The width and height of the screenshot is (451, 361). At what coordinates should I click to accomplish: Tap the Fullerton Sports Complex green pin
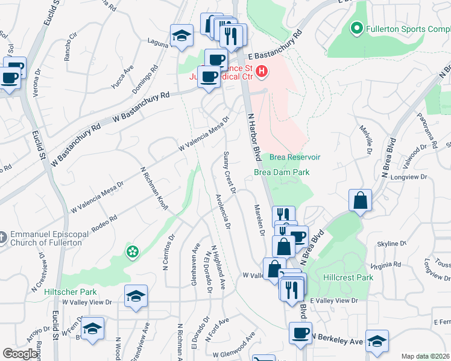pos(356,28)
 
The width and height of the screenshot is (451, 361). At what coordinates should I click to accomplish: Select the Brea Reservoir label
pos(294,157)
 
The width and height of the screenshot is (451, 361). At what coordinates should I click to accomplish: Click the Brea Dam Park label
pos(282,172)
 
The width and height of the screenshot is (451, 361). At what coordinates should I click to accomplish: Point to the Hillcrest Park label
pos(348,278)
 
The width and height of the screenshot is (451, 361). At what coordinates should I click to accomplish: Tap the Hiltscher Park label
pos(71,292)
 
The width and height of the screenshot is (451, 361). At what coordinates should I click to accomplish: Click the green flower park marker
pos(132,251)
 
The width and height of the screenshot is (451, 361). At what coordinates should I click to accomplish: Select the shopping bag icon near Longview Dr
pos(360,201)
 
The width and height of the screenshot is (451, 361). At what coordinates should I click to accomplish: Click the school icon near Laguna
pos(181,35)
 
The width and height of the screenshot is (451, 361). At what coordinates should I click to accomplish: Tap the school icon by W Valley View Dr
pos(136,296)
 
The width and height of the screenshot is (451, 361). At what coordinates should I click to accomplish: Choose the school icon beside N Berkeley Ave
pos(377,342)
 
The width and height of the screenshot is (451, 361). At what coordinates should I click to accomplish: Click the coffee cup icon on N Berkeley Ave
pos(300,333)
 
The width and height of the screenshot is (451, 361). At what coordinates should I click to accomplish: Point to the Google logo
pos(20,354)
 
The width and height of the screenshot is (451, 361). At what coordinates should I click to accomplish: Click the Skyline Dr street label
pos(392,244)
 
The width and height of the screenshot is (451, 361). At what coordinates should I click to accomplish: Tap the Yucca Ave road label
pos(122,78)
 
